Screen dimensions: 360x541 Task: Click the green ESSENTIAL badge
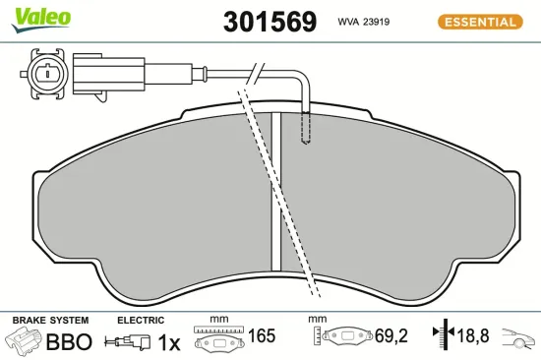coord(482,21)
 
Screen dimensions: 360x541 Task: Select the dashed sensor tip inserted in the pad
coord(307,127)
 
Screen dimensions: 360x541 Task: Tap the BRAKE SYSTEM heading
coord(50,321)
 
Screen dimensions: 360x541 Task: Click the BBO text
coord(70,342)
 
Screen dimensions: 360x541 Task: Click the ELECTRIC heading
coord(140,321)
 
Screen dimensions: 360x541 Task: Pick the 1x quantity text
coord(169,342)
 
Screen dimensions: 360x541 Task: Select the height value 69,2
coord(392,336)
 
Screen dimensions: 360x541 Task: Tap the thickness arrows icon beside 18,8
coord(443,336)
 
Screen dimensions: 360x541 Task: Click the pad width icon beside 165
coord(217,340)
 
